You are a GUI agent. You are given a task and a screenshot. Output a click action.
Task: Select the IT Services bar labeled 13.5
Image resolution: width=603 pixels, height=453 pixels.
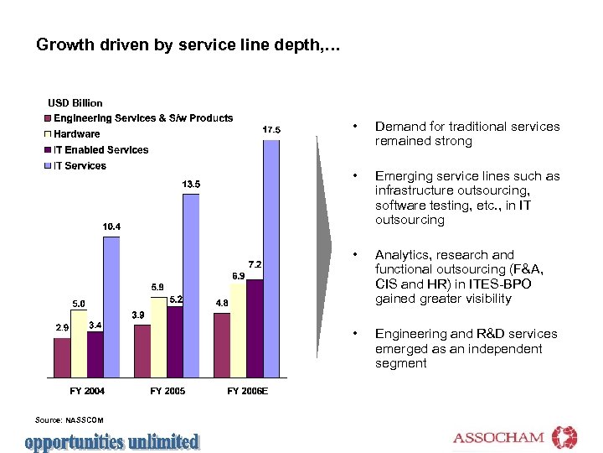click(x=191, y=285)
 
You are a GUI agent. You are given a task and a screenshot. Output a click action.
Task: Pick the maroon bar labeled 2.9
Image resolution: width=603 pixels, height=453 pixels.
click(x=63, y=357)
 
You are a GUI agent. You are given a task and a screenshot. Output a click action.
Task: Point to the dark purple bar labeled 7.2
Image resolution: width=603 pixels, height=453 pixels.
click(x=255, y=328)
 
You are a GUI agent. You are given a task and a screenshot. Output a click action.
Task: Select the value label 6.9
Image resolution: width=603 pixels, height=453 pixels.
click(x=238, y=275)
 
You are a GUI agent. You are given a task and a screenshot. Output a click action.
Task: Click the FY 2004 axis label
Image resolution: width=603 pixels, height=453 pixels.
click(x=87, y=391)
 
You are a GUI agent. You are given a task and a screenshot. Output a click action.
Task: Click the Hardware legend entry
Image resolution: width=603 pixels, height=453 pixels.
click(x=76, y=134)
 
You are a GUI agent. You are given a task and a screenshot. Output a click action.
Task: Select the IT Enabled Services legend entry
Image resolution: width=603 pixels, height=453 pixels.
click(x=100, y=150)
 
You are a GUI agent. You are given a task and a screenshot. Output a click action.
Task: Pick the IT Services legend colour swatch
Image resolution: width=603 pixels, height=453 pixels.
click(x=49, y=166)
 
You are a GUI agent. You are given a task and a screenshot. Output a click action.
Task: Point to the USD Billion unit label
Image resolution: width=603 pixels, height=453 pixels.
click(x=75, y=103)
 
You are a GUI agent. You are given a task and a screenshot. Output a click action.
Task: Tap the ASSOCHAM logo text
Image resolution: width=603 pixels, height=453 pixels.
click(x=498, y=438)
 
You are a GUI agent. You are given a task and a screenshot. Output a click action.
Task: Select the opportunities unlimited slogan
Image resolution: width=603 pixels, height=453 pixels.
click(x=112, y=441)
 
